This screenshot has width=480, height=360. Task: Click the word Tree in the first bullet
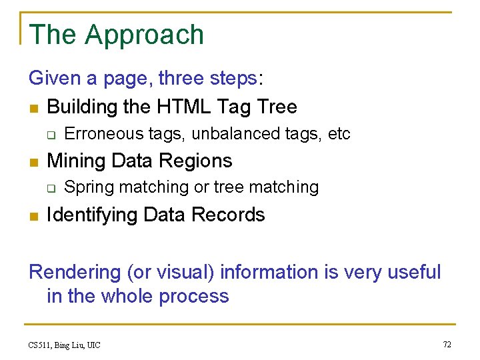pos(277,107)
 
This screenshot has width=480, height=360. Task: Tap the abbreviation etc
pos(339,134)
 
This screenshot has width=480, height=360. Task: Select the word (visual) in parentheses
pos(185,273)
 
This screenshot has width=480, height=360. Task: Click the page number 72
pos(447,344)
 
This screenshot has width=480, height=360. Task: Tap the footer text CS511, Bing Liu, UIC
pos(65,345)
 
